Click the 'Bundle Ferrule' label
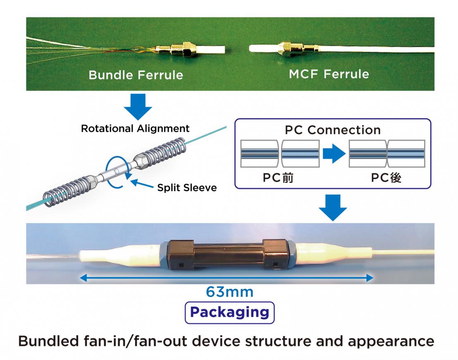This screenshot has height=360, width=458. (x=136, y=76)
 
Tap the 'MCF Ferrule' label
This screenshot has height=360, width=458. (x=329, y=75)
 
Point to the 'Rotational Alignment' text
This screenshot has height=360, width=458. (x=135, y=128)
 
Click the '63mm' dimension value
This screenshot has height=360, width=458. (x=230, y=292)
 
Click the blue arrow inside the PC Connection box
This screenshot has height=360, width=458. (x=333, y=155)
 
